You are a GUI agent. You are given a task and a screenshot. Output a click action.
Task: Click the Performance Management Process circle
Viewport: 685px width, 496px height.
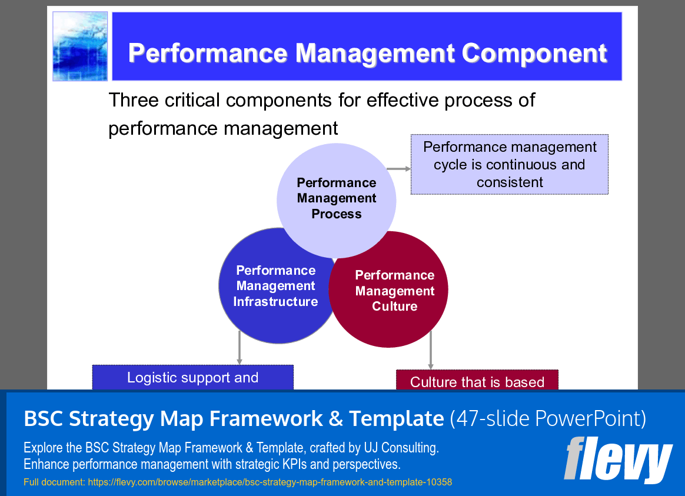click(x=336, y=198)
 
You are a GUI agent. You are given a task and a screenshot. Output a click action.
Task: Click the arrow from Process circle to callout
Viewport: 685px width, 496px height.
click(x=399, y=169)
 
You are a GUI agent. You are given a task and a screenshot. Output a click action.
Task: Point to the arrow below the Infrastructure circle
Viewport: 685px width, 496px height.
click(x=240, y=348)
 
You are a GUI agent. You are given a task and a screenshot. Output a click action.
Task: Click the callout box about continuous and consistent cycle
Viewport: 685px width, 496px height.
click(x=510, y=164)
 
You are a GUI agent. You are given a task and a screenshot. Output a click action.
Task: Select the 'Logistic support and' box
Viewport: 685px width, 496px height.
click(x=192, y=377)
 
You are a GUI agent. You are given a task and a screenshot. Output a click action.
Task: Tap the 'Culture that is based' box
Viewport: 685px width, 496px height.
click(x=477, y=381)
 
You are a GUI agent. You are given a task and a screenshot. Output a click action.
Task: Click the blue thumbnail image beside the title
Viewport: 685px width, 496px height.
click(x=80, y=46)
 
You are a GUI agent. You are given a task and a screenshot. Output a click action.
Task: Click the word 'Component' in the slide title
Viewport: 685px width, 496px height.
click(x=534, y=53)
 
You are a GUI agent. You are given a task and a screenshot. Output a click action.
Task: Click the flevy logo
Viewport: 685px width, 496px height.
click(x=617, y=460)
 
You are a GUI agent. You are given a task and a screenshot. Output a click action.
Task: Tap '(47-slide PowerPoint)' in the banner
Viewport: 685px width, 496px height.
click(x=548, y=419)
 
